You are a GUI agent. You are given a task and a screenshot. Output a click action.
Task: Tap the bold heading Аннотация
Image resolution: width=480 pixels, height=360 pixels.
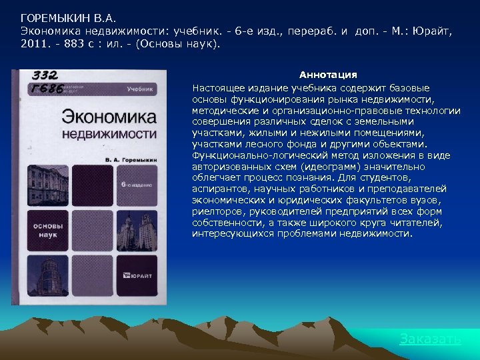[x=328, y=75]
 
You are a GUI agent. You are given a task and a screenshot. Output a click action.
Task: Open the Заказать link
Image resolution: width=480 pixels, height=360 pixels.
[x=430, y=339]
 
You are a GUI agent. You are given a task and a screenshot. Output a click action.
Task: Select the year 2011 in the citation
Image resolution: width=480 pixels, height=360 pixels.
[x=33, y=43]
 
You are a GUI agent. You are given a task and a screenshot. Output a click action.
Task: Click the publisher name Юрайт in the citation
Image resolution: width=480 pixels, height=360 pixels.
[x=432, y=31]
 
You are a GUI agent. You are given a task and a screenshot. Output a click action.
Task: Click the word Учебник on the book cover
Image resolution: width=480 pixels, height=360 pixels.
[x=141, y=89]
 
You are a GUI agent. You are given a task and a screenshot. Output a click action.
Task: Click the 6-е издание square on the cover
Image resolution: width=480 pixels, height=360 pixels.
[x=137, y=183]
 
